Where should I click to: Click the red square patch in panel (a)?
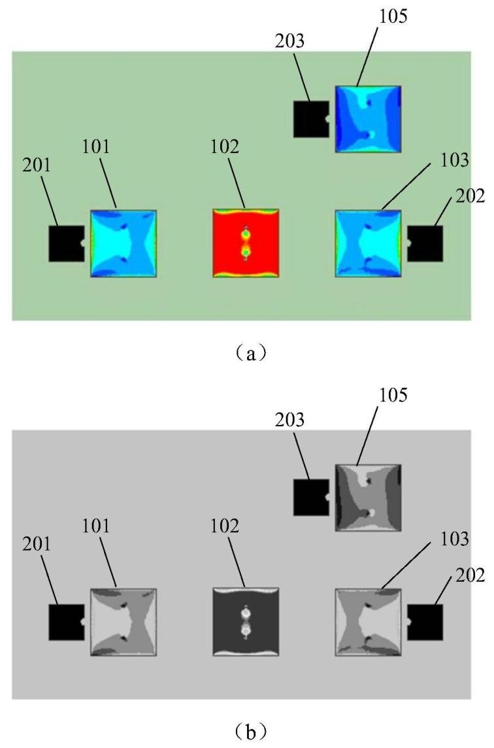click(x=246, y=243)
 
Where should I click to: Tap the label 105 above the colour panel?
click(x=393, y=17)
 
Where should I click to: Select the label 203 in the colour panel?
click(x=289, y=41)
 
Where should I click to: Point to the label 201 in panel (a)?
click(x=36, y=165)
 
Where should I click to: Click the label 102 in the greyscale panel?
click(x=225, y=526)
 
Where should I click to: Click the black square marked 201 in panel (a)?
click(x=67, y=243)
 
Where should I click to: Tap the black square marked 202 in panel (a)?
click(x=425, y=243)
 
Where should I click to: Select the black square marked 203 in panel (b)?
click(x=311, y=497)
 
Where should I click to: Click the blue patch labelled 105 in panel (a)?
click(x=368, y=119)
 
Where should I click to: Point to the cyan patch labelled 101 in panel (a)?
click(x=124, y=243)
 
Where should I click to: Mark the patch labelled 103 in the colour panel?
click(x=368, y=243)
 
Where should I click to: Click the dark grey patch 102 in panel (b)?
click(x=246, y=622)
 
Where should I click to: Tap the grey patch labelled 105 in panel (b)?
click(x=368, y=498)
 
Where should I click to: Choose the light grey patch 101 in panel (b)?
click(x=124, y=622)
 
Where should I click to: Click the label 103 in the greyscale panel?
click(x=454, y=539)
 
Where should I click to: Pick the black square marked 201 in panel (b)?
click(x=67, y=622)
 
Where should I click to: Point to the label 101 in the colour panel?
click(x=95, y=146)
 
